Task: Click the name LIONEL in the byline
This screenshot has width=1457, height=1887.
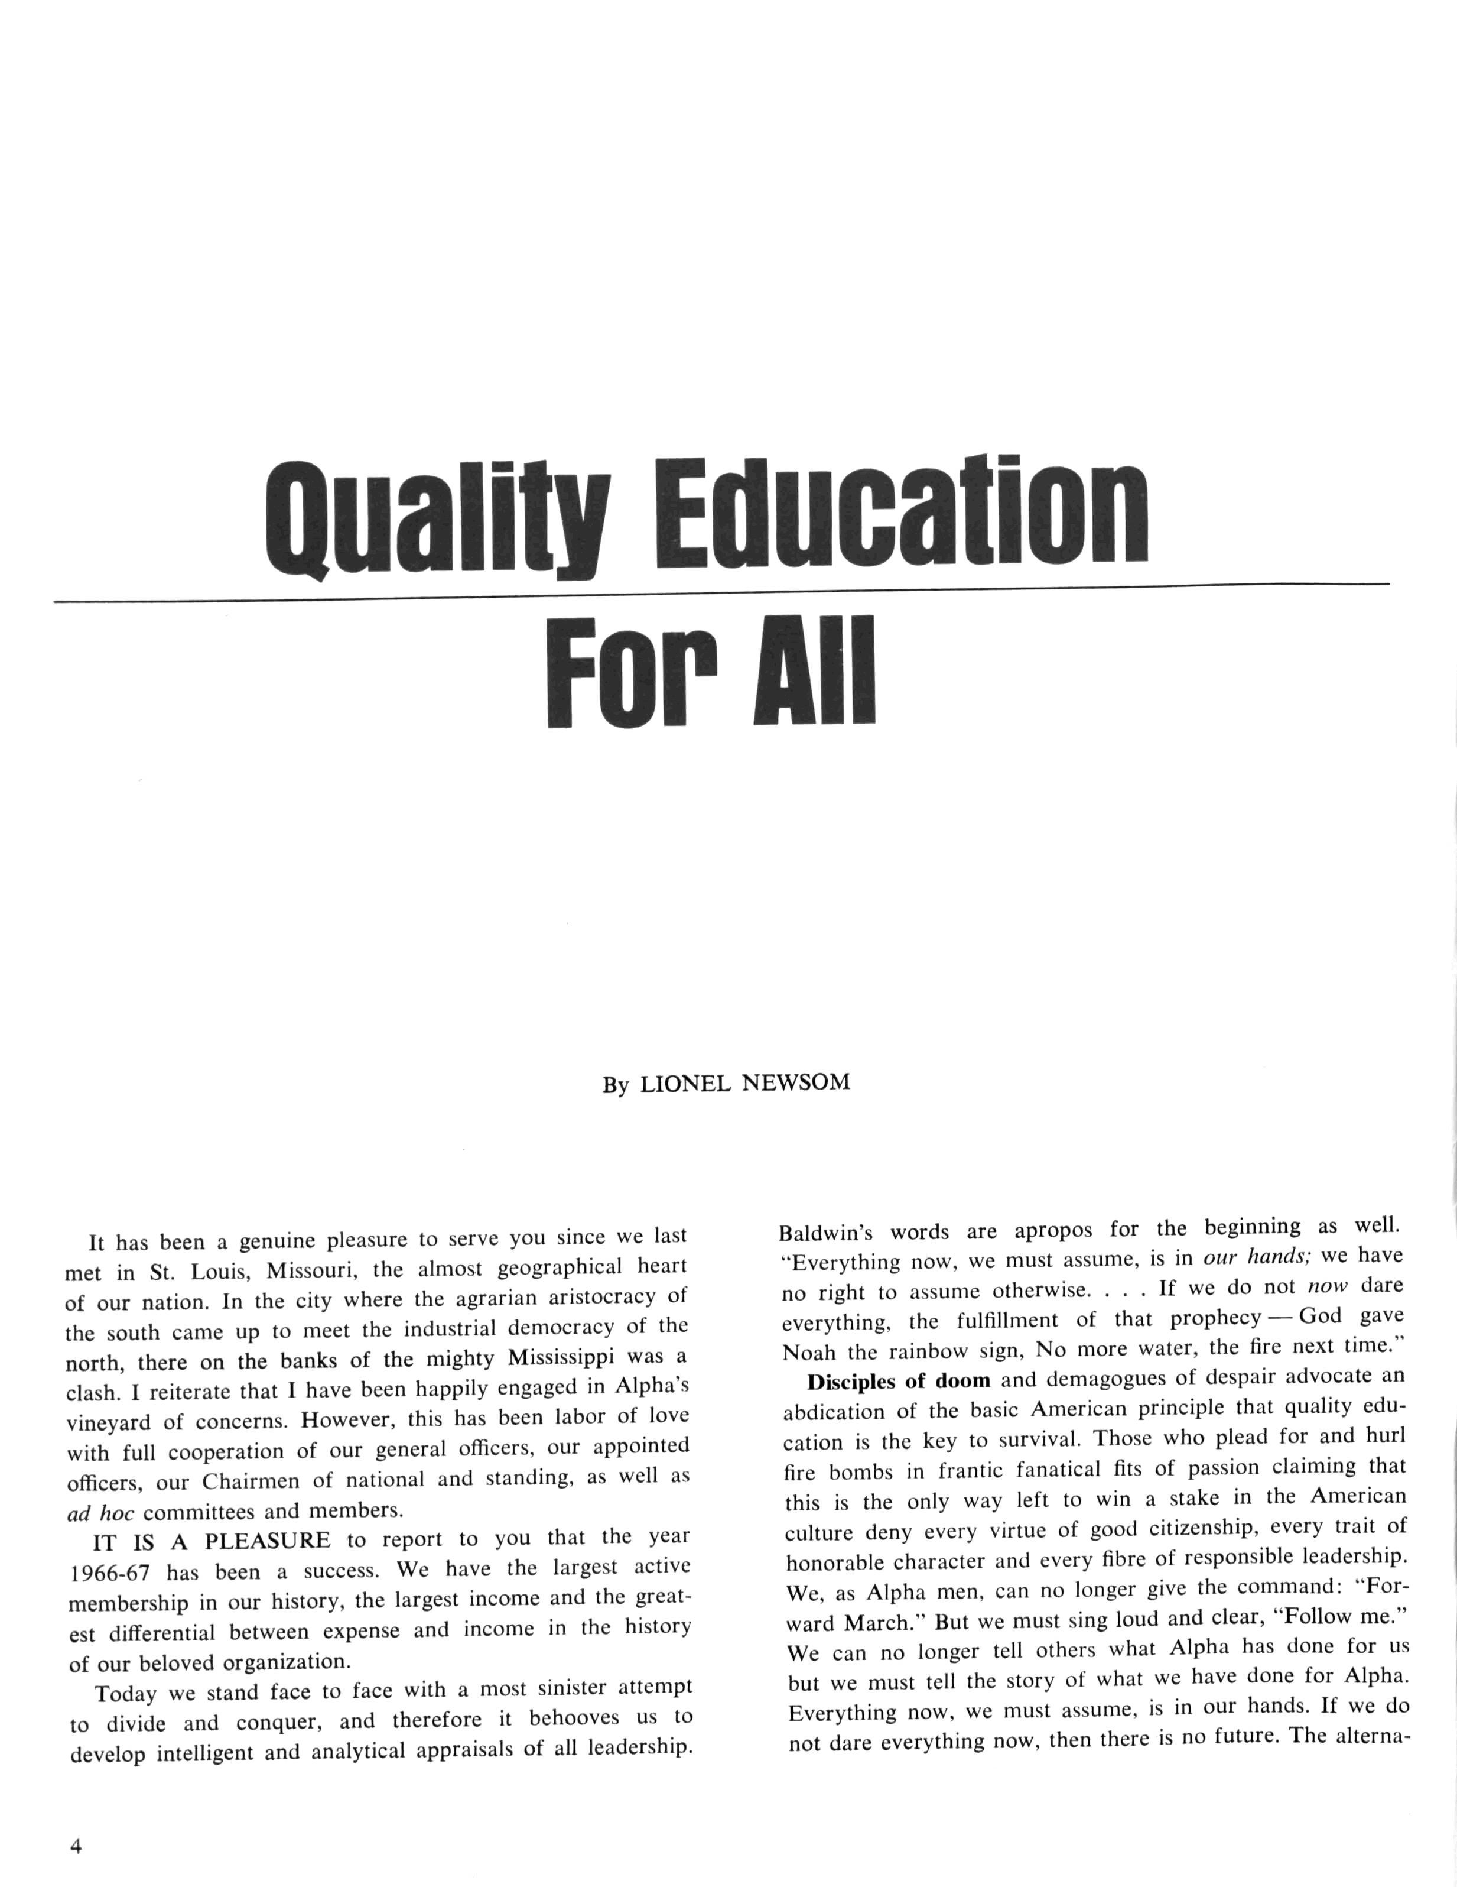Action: pos(684,1084)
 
